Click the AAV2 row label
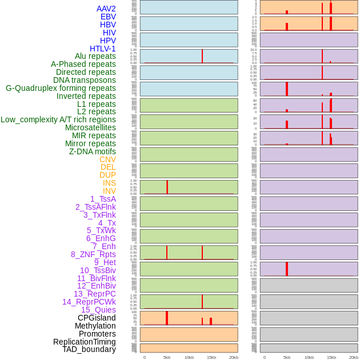(x=106, y=9)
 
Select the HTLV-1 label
(x=103, y=49)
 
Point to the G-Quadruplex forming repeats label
(x=61, y=88)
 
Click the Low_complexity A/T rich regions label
(x=58, y=119)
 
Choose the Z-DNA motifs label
(x=93, y=151)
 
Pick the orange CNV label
(x=107, y=159)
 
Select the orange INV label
(x=109, y=191)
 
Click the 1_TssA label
(x=103, y=199)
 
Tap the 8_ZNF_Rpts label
(x=93, y=254)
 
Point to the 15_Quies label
(x=98, y=310)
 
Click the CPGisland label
(x=97, y=318)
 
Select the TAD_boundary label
(x=89, y=349)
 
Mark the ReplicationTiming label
(x=85, y=342)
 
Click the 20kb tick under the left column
(x=234, y=357)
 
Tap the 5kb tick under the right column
(x=287, y=357)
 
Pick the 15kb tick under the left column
(x=211, y=357)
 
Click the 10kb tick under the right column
(x=309, y=357)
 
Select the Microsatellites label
(x=90, y=127)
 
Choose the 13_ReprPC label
(x=95, y=294)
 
